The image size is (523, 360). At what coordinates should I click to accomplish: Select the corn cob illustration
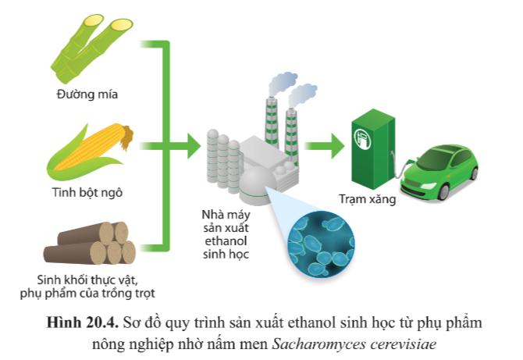(91, 148)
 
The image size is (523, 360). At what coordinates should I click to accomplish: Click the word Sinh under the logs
(51, 280)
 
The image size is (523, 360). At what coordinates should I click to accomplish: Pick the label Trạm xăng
(367, 198)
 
